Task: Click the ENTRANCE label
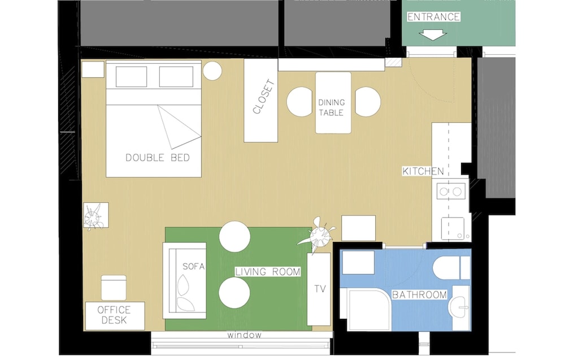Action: click(433, 17)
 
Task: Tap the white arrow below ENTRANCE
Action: click(433, 36)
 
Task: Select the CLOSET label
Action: click(264, 97)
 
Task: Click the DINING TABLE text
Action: click(331, 107)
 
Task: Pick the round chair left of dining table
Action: click(299, 102)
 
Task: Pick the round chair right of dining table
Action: click(368, 102)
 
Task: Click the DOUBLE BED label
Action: click(158, 158)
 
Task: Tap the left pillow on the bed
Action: click(131, 77)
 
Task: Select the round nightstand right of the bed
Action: click(212, 71)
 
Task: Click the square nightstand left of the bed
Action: click(93, 70)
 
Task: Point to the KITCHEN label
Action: click(423, 171)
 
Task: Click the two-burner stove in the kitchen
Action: click(451, 192)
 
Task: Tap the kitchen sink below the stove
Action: click(453, 228)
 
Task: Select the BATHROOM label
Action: click(419, 295)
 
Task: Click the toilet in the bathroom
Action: click(451, 268)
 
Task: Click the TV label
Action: click(320, 289)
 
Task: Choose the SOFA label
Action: click(193, 266)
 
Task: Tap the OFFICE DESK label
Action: click(114, 315)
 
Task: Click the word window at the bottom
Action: click(244, 335)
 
